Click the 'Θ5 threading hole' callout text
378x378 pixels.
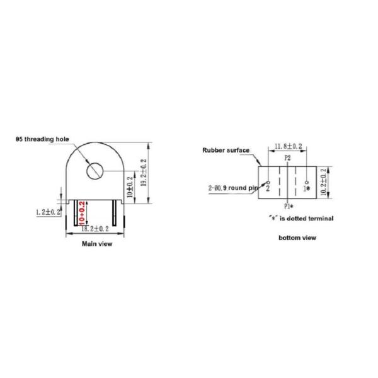[41, 139]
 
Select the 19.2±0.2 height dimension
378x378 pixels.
[145, 171]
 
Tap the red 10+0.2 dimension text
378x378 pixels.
[82, 214]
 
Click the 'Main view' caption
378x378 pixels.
[98, 244]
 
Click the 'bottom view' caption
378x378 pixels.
[297, 238]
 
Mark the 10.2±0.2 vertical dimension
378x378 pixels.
[324, 182]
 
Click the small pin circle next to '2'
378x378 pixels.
[268, 182]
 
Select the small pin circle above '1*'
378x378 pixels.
[306, 181]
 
